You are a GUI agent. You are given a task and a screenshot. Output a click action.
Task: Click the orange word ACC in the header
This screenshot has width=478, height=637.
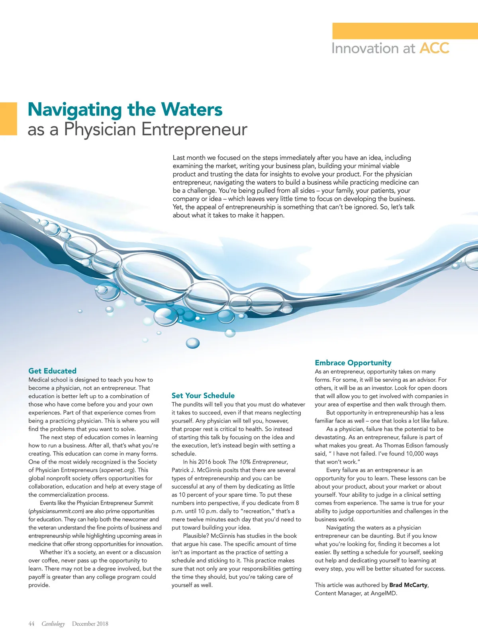pyautogui.click(x=434, y=48)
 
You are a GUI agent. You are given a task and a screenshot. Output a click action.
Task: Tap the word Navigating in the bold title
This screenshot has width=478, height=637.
pyautogui.click(x=75, y=109)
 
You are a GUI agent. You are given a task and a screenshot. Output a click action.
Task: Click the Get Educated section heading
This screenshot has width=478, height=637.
pyautogui.click(x=52, y=371)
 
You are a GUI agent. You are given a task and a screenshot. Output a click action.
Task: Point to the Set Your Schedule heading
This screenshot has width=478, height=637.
pyautogui.click(x=203, y=395)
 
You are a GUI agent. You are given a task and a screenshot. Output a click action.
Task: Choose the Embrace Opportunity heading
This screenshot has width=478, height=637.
pyautogui.click(x=353, y=363)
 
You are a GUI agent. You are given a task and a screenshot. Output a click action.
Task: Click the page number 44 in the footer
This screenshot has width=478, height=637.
pyautogui.click(x=31, y=624)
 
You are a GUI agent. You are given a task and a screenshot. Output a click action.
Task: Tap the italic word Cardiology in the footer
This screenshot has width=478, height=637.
pyautogui.click(x=53, y=624)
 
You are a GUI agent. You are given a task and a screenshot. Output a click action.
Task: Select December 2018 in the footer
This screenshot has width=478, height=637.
pyautogui.click(x=90, y=624)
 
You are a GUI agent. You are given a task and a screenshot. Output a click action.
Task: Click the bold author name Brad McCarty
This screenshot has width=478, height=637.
pyautogui.click(x=408, y=585)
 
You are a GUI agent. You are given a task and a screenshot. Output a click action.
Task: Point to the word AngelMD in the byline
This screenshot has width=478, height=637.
pyautogui.click(x=383, y=593)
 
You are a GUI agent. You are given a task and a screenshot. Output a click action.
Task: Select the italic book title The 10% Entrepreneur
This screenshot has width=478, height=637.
pyautogui.click(x=257, y=462)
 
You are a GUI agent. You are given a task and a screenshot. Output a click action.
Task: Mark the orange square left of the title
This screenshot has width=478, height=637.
pyautogui.click(x=8, y=119)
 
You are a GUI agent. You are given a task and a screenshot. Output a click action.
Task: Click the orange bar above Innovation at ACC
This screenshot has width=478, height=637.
pyautogui.click(x=405, y=31)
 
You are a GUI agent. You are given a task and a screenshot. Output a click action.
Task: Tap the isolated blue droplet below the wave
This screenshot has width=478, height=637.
pyautogui.click(x=193, y=343)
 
